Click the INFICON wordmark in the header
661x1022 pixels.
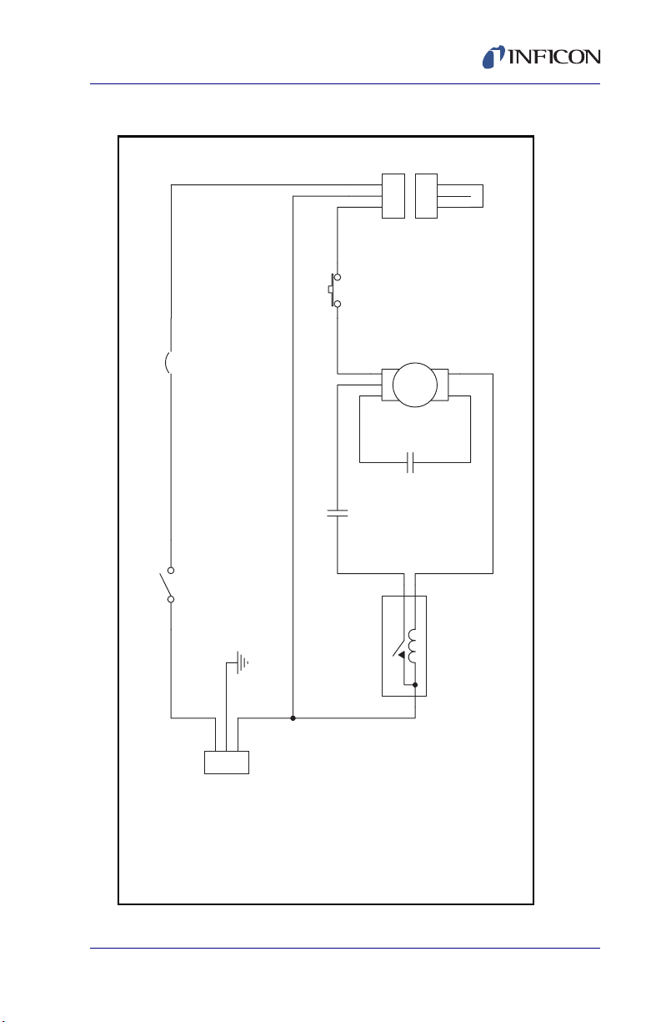click(x=553, y=57)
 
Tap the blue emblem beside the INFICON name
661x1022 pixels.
click(x=493, y=57)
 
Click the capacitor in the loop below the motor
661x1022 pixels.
click(x=410, y=463)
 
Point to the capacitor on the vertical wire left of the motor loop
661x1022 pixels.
click(x=338, y=513)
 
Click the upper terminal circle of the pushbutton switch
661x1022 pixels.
click(x=338, y=277)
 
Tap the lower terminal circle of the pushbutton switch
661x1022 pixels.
click(x=338, y=304)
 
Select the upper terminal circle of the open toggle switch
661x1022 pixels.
click(x=171, y=571)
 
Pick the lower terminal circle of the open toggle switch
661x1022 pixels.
click(x=171, y=600)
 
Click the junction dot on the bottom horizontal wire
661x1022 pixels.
click(x=293, y=718)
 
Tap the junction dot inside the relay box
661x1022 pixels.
click(x=415, y=685)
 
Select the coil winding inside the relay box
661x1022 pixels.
click(x=412, y=646)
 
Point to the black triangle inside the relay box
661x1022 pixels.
click(x=401, y=655)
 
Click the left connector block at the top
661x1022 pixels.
click(x=393, y=196)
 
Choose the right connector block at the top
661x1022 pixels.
click(x=426, y=196)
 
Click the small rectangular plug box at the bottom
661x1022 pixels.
click(x=227, y=763)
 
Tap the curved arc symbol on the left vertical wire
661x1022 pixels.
click(x=167, y=363)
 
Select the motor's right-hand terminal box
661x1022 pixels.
click(x=443, y=385)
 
